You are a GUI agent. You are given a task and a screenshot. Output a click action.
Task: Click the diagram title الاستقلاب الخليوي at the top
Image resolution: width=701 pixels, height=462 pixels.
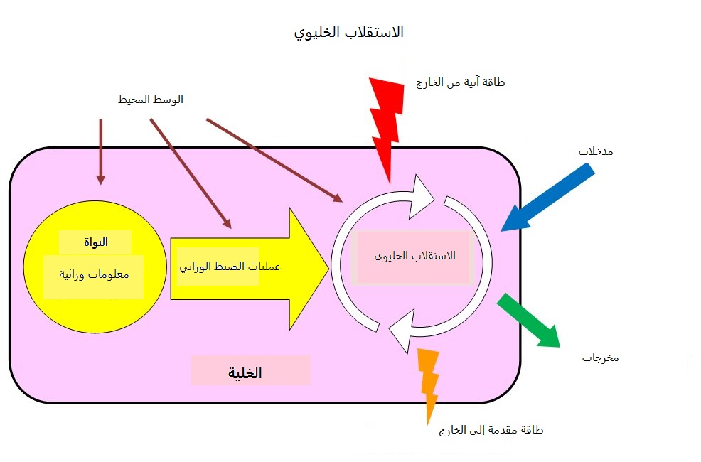pos(348,33)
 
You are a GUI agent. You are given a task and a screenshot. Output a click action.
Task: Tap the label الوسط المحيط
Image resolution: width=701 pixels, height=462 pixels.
pos(150,100)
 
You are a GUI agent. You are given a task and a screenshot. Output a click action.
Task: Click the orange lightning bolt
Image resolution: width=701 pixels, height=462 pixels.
pos(429,381)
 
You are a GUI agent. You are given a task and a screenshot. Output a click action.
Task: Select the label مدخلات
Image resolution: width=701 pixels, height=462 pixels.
pos(596,151)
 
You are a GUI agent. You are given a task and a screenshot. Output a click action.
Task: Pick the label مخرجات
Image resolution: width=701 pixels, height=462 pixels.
pos(600,358)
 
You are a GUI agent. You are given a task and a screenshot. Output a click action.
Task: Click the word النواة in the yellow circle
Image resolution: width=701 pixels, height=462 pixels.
pos(95,242)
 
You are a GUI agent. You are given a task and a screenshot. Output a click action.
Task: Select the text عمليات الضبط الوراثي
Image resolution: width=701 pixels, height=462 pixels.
pos(230,267)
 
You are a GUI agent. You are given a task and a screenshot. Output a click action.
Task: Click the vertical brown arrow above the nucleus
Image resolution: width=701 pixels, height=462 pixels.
pos(100,151)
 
